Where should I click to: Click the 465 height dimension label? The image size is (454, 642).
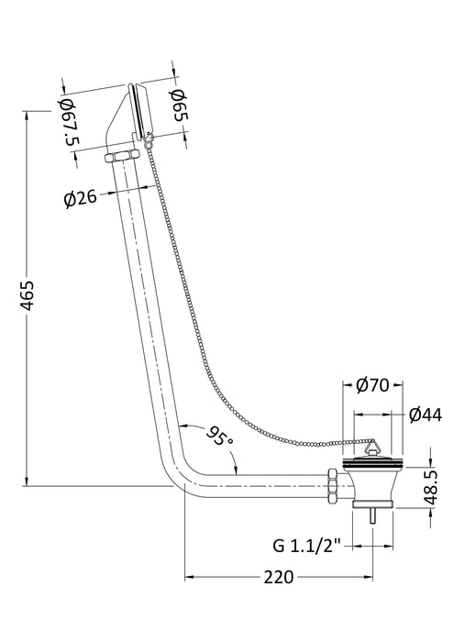28,295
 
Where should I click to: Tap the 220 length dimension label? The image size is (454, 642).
279,577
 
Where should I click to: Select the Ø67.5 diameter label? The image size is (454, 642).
70,122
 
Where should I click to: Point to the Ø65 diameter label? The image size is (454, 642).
179,105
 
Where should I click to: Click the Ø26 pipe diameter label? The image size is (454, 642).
80,199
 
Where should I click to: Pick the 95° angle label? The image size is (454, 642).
220,437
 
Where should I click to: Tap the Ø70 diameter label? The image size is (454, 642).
372,385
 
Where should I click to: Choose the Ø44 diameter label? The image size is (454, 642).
426,415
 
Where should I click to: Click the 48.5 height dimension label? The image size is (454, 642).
431,488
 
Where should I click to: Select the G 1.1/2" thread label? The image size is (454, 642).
306,546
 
